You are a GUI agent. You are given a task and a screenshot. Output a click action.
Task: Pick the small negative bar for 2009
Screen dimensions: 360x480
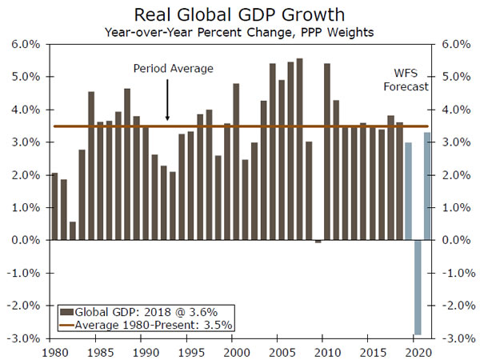pyautogui.click(x=318, y=242)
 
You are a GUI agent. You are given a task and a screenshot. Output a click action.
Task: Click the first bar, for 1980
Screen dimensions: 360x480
pyautogui.click(x=54, y=206)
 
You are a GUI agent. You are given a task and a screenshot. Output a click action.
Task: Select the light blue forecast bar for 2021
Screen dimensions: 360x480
pyautogui.click(x=426, y=186)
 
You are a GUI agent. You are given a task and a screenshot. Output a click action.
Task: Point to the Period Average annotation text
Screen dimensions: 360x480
pyautogui.click(x=173, y=69)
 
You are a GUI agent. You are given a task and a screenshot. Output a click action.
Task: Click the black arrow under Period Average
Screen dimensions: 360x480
pyautogui.click(x=167, y=104)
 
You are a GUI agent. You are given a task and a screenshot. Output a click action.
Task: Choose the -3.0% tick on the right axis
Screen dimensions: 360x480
pyautogui.click(x=447, y=338)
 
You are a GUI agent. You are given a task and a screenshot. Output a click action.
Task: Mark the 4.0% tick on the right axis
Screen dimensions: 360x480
pyautogui.click(x=447, y=110)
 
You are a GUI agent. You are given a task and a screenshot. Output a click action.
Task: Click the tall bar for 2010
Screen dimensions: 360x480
pyautogui.click(x=327, y=151)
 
